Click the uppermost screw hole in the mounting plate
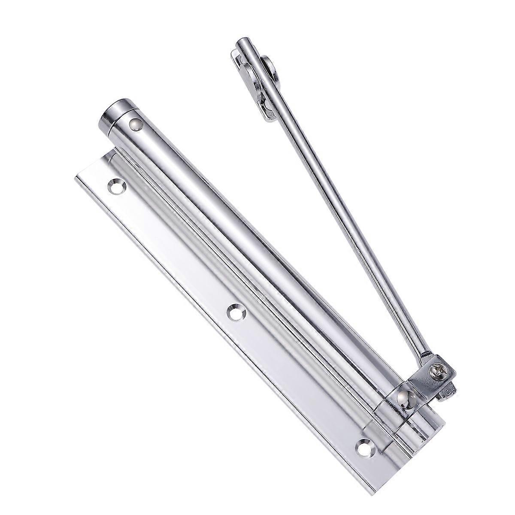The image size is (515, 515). click(115, 186)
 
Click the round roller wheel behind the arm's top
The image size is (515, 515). click(269, 69)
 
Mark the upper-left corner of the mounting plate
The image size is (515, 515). click(76, 176)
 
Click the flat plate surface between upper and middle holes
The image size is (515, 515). click(172, 253)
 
